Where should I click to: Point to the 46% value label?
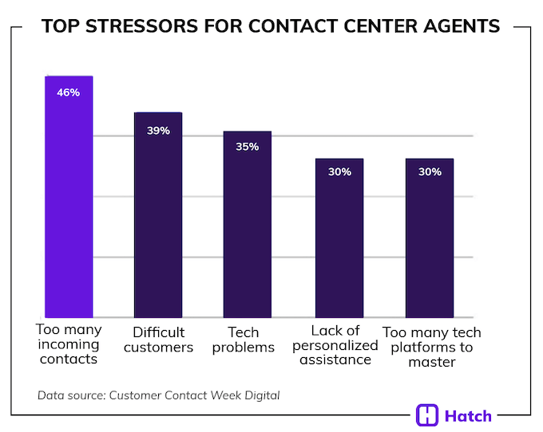[69, 92]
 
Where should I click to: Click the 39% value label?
[158, 130]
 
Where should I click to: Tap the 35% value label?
[248, 147]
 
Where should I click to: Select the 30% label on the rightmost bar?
[430, 171]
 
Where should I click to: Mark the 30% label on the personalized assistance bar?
[339, 171]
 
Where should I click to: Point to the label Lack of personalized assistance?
[335, 344]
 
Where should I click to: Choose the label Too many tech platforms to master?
[432, 347]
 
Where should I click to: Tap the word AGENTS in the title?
[458, 27]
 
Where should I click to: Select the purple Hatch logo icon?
[428, 415]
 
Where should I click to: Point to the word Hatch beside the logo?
[470, 415]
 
